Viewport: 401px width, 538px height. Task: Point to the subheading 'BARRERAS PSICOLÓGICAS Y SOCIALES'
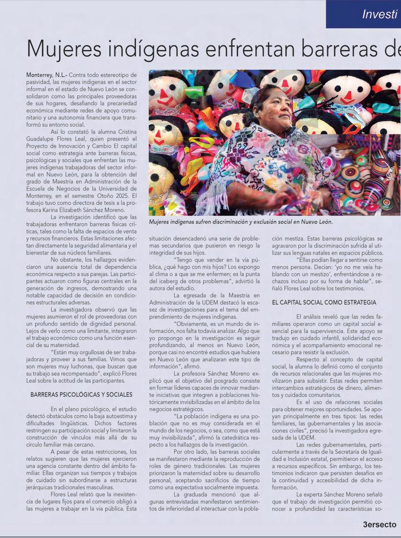(82, 394)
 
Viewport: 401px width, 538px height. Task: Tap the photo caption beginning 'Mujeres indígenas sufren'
(241, 222)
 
